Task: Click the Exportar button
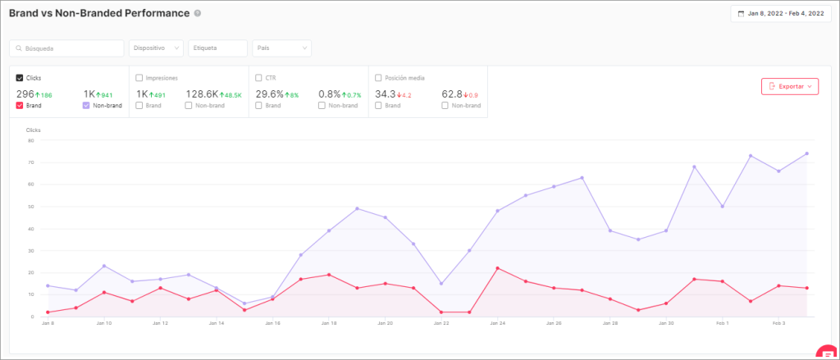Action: (x=789, y=86)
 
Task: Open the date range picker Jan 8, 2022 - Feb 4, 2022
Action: (x=778, y=14)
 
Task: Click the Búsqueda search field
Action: (x=66, y=48)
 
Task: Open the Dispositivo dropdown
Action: (x=156, y=48)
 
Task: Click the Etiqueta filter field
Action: (x=217, y=48)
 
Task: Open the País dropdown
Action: (x=281, y=48)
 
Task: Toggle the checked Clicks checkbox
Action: (x=20, y=78)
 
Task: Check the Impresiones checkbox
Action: (x=139, y=78)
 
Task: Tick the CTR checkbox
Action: (x=259, y=78)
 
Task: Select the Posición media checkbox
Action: (x=378, y=78)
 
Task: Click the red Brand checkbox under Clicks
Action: (x=20, y=106)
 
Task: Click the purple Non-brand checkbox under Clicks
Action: (x=86, y=106)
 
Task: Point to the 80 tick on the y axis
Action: (x=30, y=140)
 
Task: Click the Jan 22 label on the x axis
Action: (x=441, y=324)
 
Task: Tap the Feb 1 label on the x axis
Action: (x=722, y=324)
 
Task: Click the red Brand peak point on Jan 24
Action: (x=498, y=268)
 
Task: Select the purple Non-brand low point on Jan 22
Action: (x=441, y=284)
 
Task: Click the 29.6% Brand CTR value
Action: (x=269, y=94)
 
